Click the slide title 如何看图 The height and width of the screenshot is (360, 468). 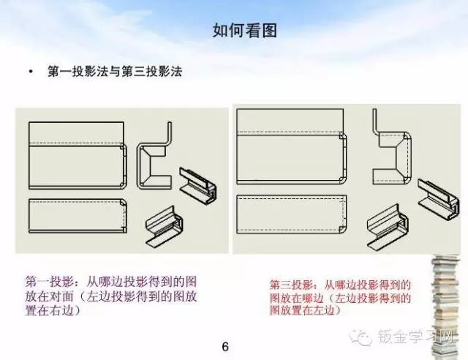click(234, 31)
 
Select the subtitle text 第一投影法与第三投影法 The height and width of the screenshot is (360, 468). click(114, 72)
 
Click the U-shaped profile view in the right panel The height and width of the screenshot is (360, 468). click(390, 154)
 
